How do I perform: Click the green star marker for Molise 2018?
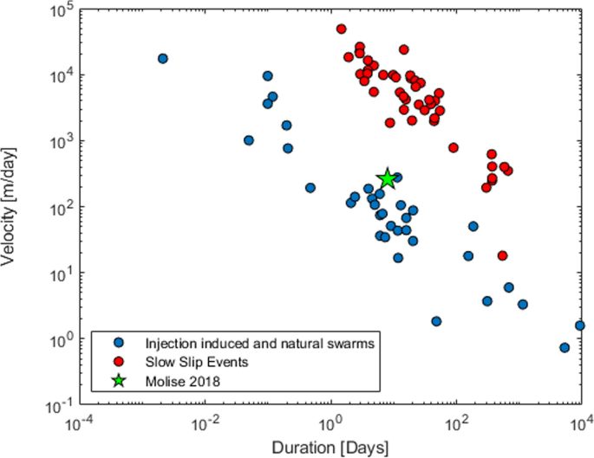coord(388,179)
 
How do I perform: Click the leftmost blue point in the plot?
coord(162,58)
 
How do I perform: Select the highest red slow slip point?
coord(342,29)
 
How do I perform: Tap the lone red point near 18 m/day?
coord(502,255)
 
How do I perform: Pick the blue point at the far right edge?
coord(580,326)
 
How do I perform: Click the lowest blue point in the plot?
coord(565,347)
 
